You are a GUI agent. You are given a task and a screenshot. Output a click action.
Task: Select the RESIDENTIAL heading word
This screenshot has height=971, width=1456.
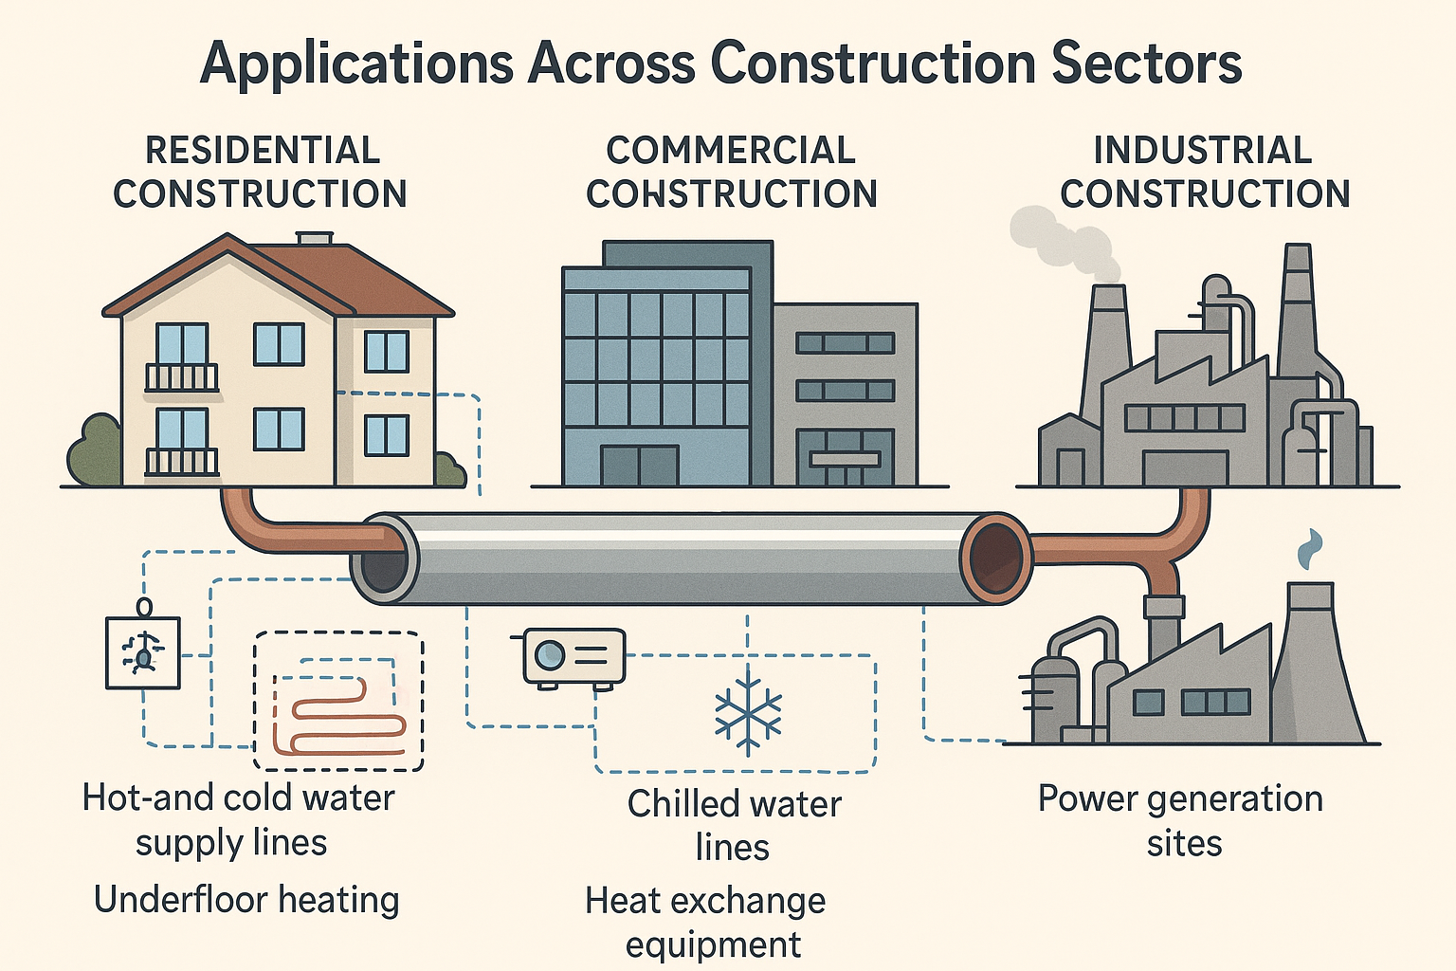click(x=263, y=150)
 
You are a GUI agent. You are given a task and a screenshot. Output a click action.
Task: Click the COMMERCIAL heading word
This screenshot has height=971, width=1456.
click(x=731, y=150)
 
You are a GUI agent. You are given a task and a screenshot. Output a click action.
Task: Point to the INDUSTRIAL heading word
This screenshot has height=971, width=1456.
click(x=1203, y=150)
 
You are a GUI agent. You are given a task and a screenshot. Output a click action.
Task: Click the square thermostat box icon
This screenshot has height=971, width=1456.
click(x=142, y=651)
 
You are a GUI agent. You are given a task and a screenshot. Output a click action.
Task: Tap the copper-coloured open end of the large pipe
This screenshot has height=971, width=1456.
click(x=995, y=557)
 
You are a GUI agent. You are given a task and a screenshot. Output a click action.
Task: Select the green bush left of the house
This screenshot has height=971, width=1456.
click(x=94, y=452)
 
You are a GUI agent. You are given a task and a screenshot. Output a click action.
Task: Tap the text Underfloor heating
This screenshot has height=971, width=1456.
click(x=246, y=899)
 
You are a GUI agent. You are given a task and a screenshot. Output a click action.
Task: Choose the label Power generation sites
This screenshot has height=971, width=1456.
click(x=1181, y=820)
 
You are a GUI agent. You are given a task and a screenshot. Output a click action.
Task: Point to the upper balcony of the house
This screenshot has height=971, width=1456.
click(x=181, y=377)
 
